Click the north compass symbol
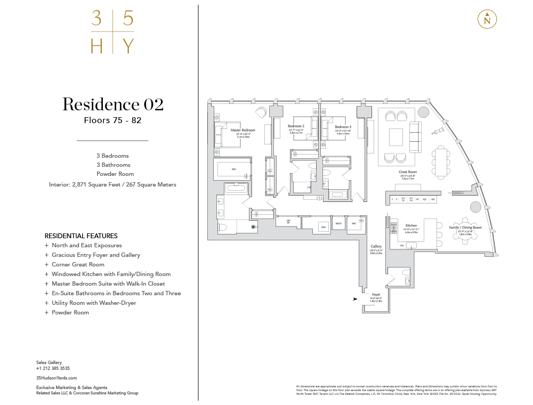pyautogui.click(x=487, y=19)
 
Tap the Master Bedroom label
pyautogui.click(x=243, y=130)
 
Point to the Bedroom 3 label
pyautogui.click(x=343, y=126)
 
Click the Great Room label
pyautogui.click(x=408, y=172)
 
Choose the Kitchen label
pyautogui.click(x=411, y=225)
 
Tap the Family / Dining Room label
pyautogui.click(x=465, y=228)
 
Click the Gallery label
pyautogui.click(x=376, y=247)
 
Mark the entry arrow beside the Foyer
pyautogui.click(x=355, y=299)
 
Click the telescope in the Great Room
pyautogui.click(x=439, y=130)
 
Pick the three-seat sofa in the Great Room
pyautogui.click(x=414, y=136)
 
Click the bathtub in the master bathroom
pyautogui.click(x=234, y=188)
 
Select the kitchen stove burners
pyautogui.click(x=393, y=228)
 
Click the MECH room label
pyautogui.click(x=338, y=224)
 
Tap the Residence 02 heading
pyautogui.click(x=112, y=104)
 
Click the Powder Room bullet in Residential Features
pyautogui.click(x=70, y=312)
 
